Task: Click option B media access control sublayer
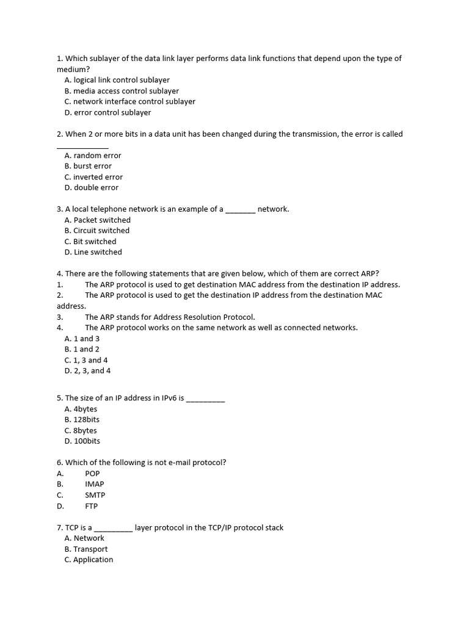(x=122, y=91)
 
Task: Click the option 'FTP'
(x=91, y=506)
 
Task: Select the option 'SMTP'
(x=95, y=495)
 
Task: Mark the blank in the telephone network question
(x=240, y=211)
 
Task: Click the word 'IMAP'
(x=94, y=484)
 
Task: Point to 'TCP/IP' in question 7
(x=218, y=527)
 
